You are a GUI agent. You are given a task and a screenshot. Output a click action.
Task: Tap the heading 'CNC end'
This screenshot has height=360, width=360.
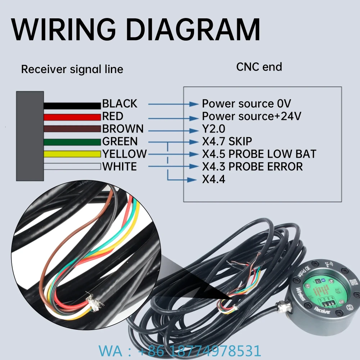click(x=259, y=67)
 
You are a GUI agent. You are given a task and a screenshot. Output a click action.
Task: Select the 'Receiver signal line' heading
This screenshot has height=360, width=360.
click(x=72, y=69)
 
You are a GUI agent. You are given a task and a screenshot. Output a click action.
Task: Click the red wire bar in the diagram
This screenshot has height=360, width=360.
click(x=72, y=117)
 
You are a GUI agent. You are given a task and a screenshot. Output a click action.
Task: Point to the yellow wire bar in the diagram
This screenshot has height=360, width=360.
click(x=72, y=154)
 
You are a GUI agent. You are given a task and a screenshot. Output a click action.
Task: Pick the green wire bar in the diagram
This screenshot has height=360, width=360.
click(x=72, y=142)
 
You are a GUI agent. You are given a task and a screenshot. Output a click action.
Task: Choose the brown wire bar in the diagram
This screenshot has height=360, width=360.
click(x=72, y=129)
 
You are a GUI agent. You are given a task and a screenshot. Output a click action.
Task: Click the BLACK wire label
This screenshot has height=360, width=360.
click(x=120, y=104)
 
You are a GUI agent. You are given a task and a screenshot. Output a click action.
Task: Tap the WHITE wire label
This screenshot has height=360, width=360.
click(x=120, y=167)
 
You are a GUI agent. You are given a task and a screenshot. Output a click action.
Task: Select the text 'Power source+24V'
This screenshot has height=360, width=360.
click(x=251, y=116)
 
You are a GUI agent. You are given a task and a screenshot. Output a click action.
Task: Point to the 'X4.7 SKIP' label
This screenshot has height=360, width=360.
click(x=227, y=141)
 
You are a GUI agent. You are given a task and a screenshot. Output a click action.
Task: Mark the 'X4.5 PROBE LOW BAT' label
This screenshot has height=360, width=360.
click(x=259, y=154)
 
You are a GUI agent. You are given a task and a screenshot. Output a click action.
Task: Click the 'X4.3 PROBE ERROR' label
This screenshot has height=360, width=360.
click(x=252, y=166)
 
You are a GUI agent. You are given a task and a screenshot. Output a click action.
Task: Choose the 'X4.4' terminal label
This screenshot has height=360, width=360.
click(x=213, y=179)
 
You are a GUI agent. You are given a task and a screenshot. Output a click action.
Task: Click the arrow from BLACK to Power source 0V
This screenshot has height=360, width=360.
click(x=173, y=104)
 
